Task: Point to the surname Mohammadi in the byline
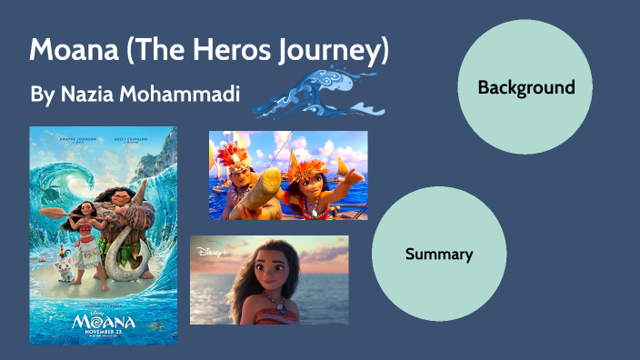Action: coord(185,94)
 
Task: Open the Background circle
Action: coord(525,87)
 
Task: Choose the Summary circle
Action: coord(439,255)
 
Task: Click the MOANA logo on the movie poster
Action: coord(103,321)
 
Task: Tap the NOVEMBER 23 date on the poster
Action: coord(103,333)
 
